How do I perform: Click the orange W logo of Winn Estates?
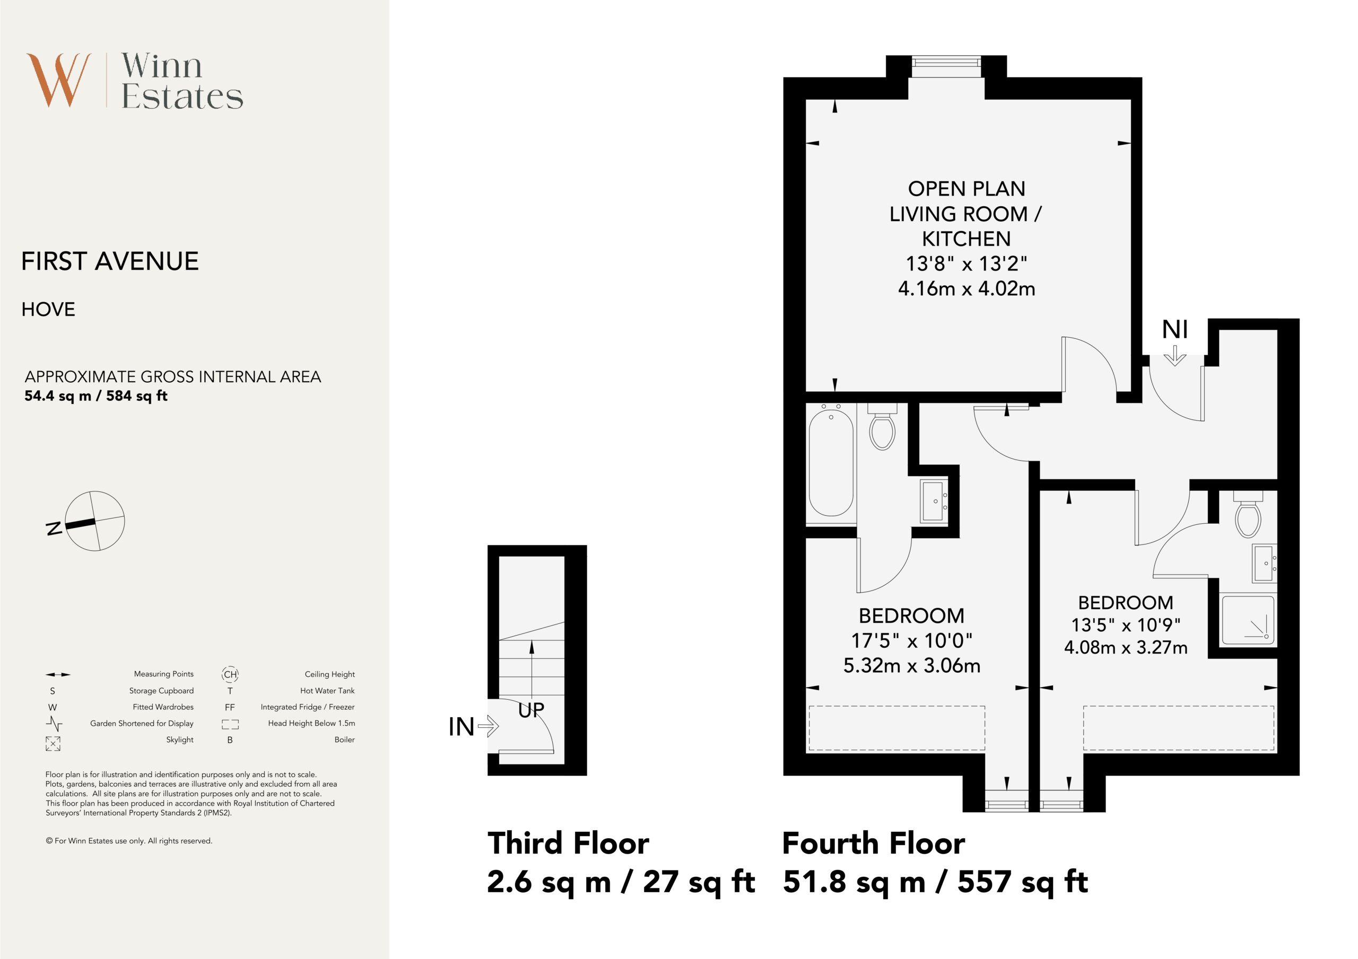(58, 80)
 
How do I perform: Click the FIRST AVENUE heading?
(110, 261)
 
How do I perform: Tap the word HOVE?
(48, 309)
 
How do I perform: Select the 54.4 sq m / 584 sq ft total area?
(96, 396)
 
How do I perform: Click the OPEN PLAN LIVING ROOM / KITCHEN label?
(966, 214)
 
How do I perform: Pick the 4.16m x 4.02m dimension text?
(967, 288)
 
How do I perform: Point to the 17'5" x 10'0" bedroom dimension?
(911, 640)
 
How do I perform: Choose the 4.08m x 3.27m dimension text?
(1126, 647)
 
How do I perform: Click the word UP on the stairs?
(531, 710)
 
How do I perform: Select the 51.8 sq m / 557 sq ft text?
(935, 882)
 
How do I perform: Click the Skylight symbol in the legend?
(53, 744)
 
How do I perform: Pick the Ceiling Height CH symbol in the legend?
(230, 674)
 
